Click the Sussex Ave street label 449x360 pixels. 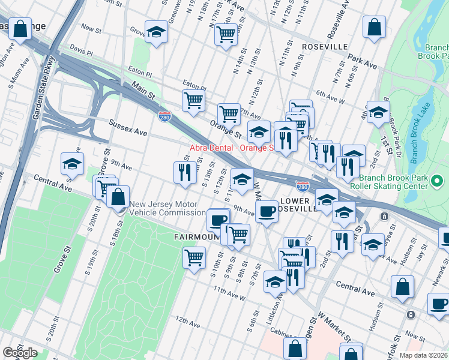128,127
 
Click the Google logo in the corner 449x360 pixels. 20,353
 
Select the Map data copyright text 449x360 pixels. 424,355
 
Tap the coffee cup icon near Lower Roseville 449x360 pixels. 267,211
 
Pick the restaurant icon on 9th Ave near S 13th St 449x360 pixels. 184,172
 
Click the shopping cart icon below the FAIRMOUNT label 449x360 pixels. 194,258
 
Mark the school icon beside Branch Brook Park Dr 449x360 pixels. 378,111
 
